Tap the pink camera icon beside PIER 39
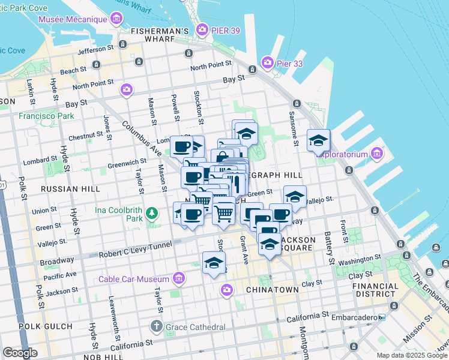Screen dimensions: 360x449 [x=203, y=29]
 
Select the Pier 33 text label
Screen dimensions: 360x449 [x=288, y=62]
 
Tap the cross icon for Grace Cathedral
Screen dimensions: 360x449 [x=156, y=327]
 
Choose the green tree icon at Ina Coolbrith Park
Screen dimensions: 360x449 [x=152, y=213]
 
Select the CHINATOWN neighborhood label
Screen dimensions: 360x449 [x=272, y=290]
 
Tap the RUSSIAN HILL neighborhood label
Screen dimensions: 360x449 [x=70, y=189]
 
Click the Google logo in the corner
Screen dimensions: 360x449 [x=20, y=353]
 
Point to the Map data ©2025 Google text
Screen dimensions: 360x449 [x=412, y=355]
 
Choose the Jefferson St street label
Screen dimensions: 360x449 [x=96, y=49]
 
